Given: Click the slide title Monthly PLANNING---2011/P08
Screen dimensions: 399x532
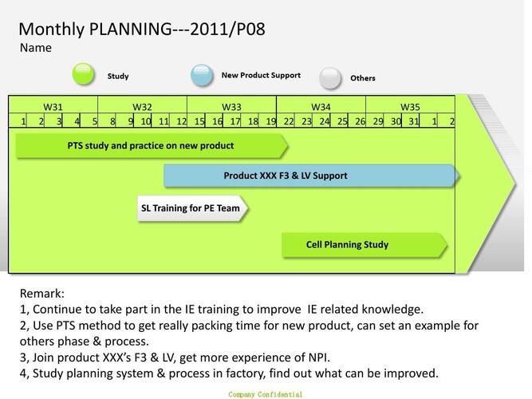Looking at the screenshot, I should (x=142, y=30).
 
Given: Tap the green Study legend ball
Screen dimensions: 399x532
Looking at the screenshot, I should (x=84, y=74).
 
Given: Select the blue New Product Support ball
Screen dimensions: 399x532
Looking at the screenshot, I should (x=202, y=75).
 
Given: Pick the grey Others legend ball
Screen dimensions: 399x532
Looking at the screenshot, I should (x=330, y=78).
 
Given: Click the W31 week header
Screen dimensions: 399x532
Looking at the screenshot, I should (x=53, y=107).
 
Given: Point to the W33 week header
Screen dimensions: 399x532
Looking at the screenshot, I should (x=231, y=107).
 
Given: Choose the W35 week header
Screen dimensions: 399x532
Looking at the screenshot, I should (x=410, y=107).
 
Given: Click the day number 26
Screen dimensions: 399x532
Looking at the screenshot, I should (x=360, y=121).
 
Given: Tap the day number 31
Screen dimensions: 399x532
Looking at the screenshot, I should (x=413, y=121).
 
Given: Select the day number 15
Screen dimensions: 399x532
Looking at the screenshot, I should (x=199, y=121).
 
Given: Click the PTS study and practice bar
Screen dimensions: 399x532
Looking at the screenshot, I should (x=151, y=146).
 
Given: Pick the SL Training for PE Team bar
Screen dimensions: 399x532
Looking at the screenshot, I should (x=191, y=209).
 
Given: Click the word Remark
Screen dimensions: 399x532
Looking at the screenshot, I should (x=41, y=294).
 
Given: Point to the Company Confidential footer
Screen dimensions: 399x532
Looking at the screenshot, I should (x=265, y=394).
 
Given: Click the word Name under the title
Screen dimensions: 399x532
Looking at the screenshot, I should (x=36, y=48).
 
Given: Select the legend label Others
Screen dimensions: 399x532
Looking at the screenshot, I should (x=363, y=78).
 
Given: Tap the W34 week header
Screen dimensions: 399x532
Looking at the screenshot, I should (x=321, y=107).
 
